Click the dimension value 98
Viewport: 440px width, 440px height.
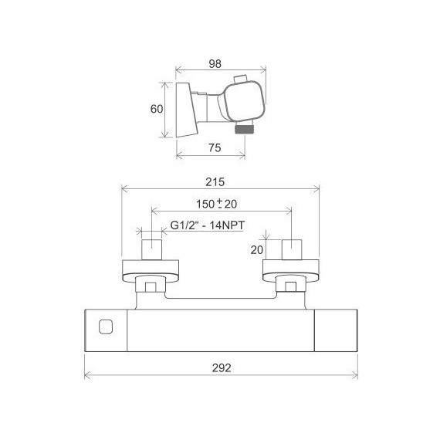tap(215, 64)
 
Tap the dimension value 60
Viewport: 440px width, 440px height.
tap(157, 109)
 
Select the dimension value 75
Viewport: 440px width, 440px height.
tap(215, 147)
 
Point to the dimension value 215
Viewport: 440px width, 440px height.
tap(215, 182)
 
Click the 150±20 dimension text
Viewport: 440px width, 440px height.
tap(216, 204)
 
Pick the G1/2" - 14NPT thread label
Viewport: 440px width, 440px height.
tap(208, 225)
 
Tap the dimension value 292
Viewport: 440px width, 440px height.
tap(222, 368)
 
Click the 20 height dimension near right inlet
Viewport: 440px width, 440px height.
tap(257, 250)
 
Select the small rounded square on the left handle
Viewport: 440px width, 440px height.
tap(106, 327)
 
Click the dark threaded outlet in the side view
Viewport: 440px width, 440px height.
tap(244, 129)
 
